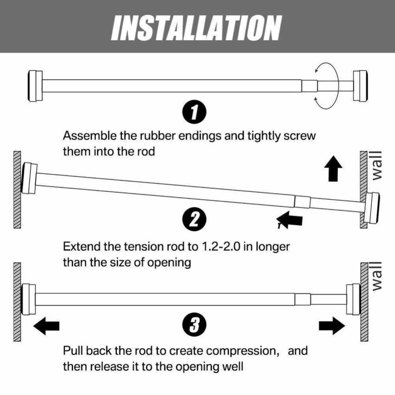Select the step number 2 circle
pos(194,219)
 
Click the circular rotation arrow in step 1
pos(326,85)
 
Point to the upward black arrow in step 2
pos(333,168)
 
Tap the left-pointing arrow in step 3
pos(46,326)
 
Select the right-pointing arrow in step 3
pos(332,326)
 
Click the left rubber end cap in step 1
pos(35,86)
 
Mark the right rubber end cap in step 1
pos(360,86)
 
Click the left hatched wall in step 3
pos(17,302)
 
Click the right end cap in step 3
pos(353,299)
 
